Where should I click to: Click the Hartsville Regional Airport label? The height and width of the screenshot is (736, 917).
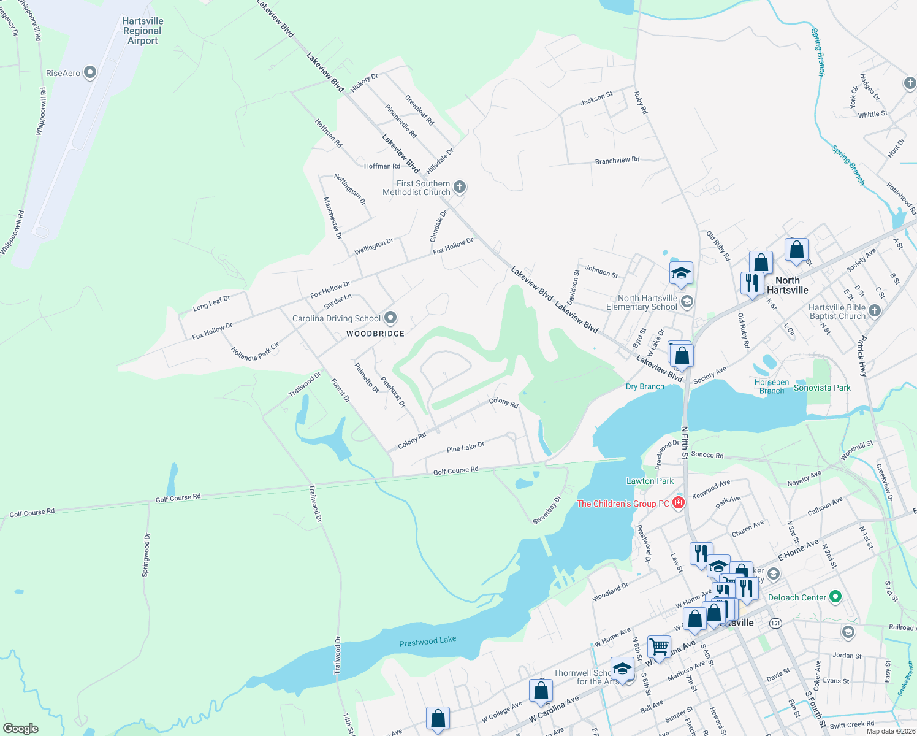coord(142,31)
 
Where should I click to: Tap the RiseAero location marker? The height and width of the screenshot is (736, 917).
coord(90,73)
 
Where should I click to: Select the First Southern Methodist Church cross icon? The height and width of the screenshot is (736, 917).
coord(460,187)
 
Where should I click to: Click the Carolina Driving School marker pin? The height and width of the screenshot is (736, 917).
coord(390,318)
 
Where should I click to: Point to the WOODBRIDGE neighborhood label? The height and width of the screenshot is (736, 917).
coord(375,334)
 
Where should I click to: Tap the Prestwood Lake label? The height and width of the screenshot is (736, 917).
coord(427,642)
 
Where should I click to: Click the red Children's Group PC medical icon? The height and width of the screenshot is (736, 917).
coord(678,504)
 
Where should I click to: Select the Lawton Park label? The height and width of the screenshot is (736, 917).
coord(650,481)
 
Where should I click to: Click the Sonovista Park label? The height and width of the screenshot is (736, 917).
coord(822,388)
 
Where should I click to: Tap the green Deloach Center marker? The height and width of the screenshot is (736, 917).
coord(835,597)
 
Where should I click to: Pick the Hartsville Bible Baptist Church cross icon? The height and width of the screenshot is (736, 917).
coord(875,311)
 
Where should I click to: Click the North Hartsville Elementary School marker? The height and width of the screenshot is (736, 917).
coord(687,301)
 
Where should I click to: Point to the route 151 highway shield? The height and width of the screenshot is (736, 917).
coord(775,623)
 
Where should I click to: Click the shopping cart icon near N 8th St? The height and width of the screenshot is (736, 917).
coord(659,646)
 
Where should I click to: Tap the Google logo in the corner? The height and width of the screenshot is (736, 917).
coord(20,728)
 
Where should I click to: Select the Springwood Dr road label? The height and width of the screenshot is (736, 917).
coord(146,555)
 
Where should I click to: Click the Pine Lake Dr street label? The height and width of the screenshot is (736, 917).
coord(465,447)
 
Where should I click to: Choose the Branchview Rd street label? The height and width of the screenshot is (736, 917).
coord(617,161)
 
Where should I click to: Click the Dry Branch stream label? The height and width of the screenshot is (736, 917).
coord(645,386)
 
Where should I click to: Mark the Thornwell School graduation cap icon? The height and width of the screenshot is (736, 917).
coord(622,669)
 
